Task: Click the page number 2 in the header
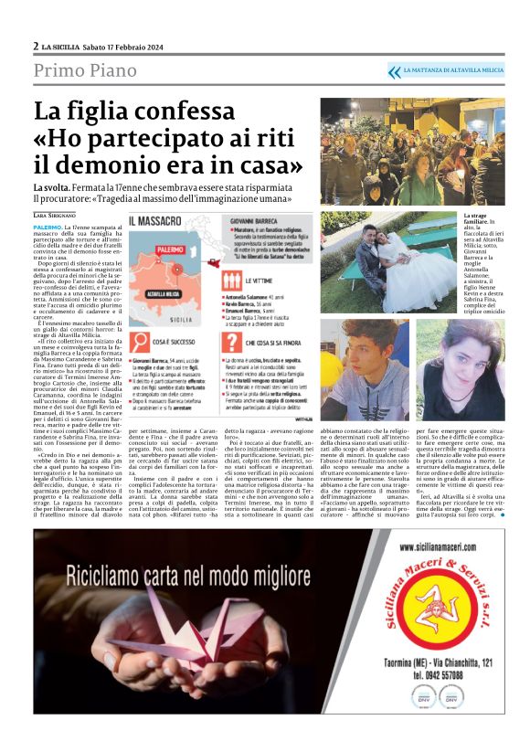[37, 46]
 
